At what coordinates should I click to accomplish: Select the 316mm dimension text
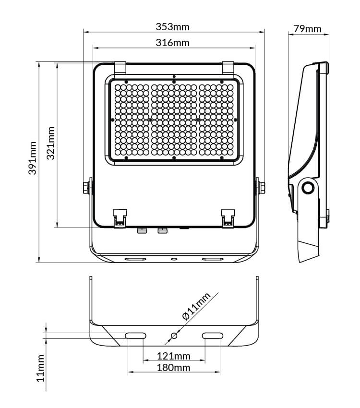click(x=173, y=43)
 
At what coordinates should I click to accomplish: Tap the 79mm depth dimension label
click(x=307, y=29)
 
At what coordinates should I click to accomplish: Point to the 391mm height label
click(x=32, y=158)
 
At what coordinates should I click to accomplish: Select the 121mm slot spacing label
click(x=174, y=356)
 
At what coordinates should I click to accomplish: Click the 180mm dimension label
click(x=174, y=368)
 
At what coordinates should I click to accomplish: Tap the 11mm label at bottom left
click(x=41, y=368)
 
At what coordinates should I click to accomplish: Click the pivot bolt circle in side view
click(x=308, y=187)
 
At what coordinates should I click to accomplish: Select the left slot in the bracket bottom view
click(x=135, y=336)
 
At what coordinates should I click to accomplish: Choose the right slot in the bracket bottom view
click(x=212, y=336)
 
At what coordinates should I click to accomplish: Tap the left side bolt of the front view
click(x=86, y=187)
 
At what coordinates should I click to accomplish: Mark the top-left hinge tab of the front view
click(x=120, y=67)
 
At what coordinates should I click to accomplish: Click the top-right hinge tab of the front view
click(x=228, y=67)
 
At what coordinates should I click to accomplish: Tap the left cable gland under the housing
click(x=142, y=230)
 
